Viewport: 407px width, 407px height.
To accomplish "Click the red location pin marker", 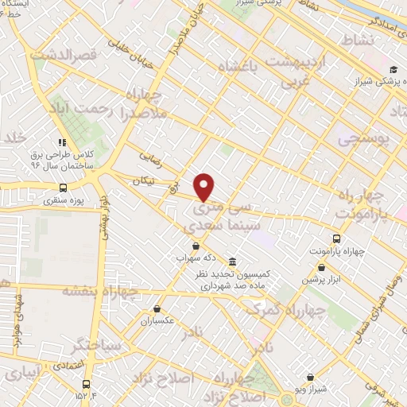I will click(x=204, y=187).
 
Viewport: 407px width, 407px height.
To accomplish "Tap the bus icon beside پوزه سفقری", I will click(x=63, y=188).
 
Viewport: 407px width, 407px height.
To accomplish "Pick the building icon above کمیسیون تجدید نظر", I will click(x=231, y=262).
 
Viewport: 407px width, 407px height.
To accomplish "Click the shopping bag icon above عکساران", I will click(x=157, y=308).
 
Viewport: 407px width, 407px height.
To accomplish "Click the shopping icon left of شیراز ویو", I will click(x=310, y=378).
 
